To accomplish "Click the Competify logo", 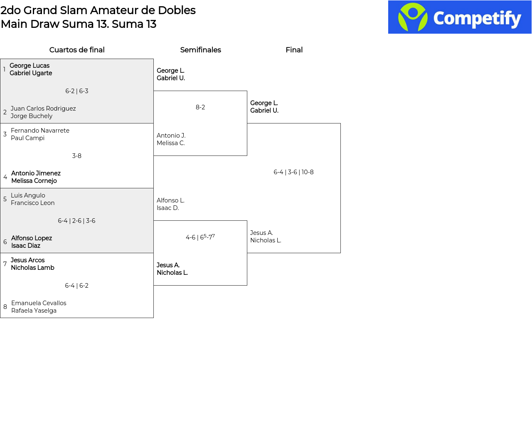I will click(460, 17).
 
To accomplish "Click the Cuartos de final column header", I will click(77, 50).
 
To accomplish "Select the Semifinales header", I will click(200, 50).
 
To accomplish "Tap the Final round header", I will click(294, 50).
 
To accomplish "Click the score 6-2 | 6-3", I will click(77, 91).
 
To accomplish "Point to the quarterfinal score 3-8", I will click(77, 156).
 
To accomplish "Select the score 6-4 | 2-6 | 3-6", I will click(77, 221).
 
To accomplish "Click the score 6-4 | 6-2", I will click(77, 286).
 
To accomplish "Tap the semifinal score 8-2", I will click(200, 107).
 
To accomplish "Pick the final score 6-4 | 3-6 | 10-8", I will click(293, 172).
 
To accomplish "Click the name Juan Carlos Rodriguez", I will click(43, 109).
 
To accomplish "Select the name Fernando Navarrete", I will click(40, 131).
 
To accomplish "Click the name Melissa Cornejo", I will click(34, 181).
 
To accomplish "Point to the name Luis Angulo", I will click(28, 195).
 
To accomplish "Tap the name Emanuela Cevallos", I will click(39, 303).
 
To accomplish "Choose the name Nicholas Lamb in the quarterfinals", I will click(32, 268).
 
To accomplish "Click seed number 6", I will click(5, 242).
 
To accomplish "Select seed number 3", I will click(5, 134).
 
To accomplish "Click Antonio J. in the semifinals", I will click(171, 136).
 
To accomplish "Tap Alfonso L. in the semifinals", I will click(170, 200).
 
